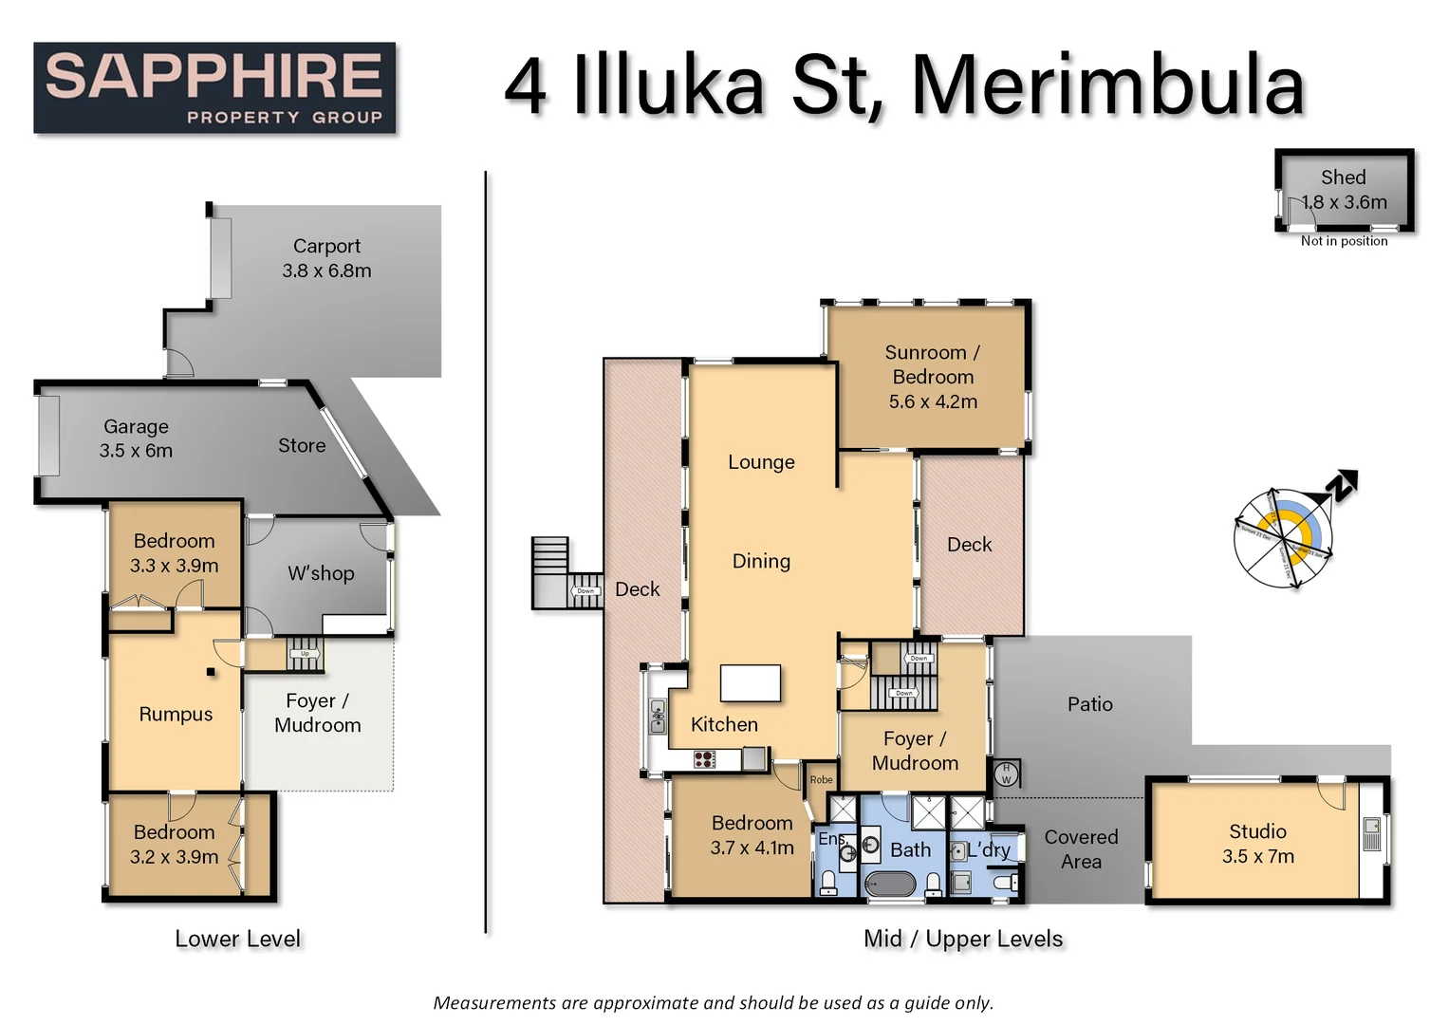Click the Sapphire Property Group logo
pyautogui.click(x=214, y=87)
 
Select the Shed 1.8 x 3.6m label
pyautogui.click(x=1344, y=190)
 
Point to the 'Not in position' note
pyautogui.click(x=1344, y=241)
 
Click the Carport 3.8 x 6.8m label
pyautogui.click(x=326, y=258)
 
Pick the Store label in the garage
pyautogui.click(x=302, y=445)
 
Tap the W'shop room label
pyautogui.click(x=321, y=573)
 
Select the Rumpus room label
pyautogui.click(x=176, y=714)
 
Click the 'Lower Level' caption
pyautogui.click(x=237, y=939)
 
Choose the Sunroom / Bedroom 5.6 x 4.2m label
pyautogui.click(x=932, y=377)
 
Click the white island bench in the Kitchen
pyautogui.click(x=750, y=682)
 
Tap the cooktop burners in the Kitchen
pyautogui.click(x=704, y=758)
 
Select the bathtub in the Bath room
pyautogui.click(x=889, y=885)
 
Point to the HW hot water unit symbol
pyautogui.click(x=1007, y=773)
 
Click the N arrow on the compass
pyautogui.click(x=1342, y=486)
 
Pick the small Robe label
pyautogui.click(x=821, y=780)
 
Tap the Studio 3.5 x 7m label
pyautogui.click(x=1257, y=844)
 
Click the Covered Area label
pyautogui.click(x=1081, y=848)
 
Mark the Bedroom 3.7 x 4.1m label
pyautogui.click(x=752, y=835)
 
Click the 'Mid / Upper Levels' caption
pyautogui.click(x=962, y=939)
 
